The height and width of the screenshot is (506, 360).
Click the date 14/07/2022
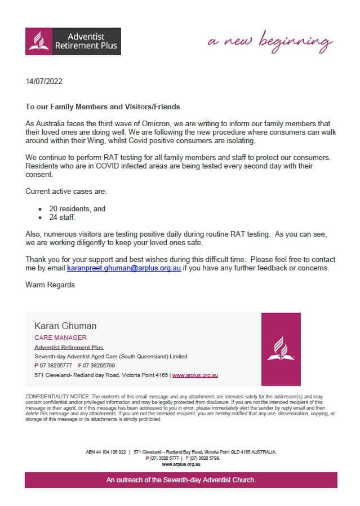(44, 81)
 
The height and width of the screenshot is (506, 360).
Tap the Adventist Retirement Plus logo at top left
(73, 42)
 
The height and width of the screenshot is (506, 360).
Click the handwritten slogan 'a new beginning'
(270, 42)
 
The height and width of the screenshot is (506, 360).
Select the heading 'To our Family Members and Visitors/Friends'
(103, 106)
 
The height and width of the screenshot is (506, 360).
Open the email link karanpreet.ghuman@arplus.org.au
(124, 268)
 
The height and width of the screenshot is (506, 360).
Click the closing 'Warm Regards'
(50, 285)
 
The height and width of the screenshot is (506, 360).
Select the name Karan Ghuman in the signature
(65, 326)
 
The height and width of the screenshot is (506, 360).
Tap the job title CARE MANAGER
(60, 338)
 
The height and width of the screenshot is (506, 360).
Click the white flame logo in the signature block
(281, 349)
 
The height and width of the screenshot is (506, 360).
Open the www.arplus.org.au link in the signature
(195, 375)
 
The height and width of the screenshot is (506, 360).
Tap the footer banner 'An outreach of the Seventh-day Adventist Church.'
(181, 480)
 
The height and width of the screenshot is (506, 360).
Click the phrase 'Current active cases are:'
(66, 192)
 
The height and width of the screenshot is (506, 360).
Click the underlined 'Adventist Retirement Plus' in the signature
(69, 348)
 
